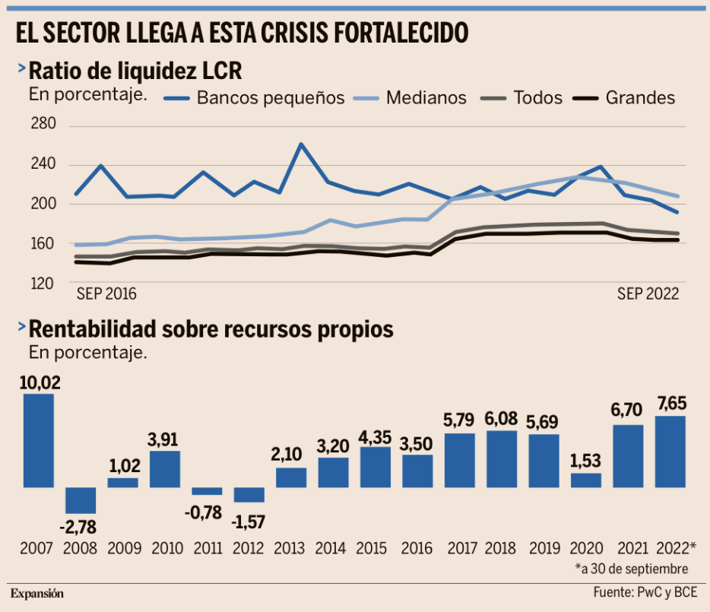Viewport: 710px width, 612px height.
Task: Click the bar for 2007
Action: point(39,440)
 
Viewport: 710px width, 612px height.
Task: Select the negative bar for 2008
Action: point(81,500)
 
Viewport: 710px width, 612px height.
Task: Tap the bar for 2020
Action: point(586,480)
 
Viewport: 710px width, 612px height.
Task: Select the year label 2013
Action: point(290,547)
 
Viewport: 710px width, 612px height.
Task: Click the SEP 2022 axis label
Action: point(648,292)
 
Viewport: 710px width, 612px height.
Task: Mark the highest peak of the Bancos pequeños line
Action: point(300,144)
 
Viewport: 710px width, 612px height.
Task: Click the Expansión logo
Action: point(36,593)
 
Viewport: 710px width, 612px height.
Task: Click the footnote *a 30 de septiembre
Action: point(632,568)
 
